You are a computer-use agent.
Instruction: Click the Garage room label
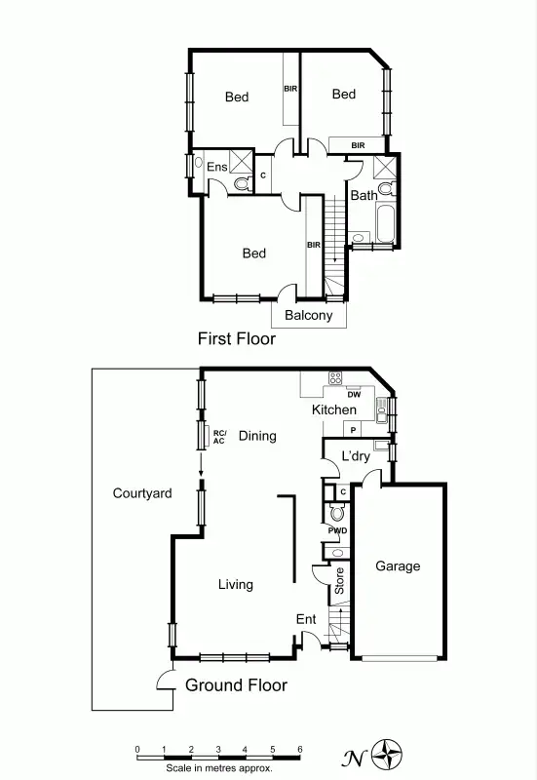pos(398,566)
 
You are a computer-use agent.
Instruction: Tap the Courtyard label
pos(142,493)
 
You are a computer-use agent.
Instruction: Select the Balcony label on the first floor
pos(308,316)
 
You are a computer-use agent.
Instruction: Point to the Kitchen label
pos(333,410)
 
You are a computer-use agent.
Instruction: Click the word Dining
pos(257,436)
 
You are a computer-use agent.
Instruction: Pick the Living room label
pos(236,585)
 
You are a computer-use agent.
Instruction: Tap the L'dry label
pos(355,455)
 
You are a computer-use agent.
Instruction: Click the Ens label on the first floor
pos(216,167)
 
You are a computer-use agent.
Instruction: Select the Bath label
pos(364,196)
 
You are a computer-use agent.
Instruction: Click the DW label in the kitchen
pos(354,395)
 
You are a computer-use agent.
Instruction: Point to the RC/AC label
pos(219,437)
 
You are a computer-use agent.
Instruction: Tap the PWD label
pos(337,530)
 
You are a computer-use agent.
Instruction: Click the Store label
pos(339,582)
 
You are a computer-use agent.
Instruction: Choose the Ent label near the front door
pos(306,619)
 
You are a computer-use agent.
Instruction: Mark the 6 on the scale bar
pos(299,749)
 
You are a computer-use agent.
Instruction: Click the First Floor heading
pos(237,339)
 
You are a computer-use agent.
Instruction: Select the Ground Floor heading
pos(236,685)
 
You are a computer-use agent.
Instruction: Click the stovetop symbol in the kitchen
pos(336,378)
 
